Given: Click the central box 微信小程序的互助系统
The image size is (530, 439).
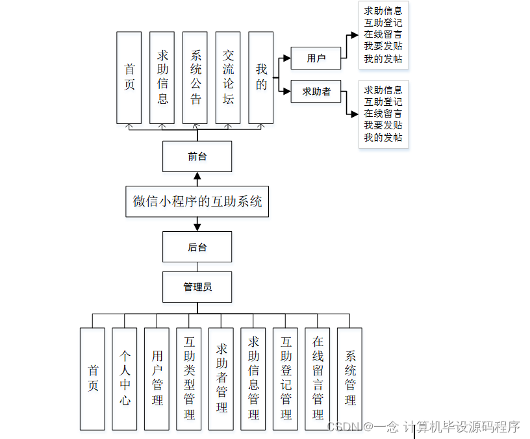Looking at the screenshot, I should tap(197, 201).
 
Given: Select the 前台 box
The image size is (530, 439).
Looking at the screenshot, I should tap(197, 157).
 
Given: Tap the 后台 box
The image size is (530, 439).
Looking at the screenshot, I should tap(197, 247).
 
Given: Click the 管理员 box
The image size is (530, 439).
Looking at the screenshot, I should tap(197, 286).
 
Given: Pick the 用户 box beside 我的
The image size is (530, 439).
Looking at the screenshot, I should tap(316, 58).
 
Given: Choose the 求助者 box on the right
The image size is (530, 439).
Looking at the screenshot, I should tap(316, 92).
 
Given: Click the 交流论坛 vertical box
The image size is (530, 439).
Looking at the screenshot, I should tap(228, 77).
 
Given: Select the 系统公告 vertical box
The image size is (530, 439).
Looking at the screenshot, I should tap(196, 77).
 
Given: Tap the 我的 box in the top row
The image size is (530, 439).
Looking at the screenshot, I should tap(261, 77).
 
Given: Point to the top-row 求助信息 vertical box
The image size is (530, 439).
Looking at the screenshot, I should tap(162, 77).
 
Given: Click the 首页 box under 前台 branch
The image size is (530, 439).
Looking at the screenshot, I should tap(129, 77).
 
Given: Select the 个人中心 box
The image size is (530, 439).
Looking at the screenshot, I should tap(125, 378).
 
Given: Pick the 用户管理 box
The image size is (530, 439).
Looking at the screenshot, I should tap(157, 378).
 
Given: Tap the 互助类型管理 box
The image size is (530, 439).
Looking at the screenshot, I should tap(189, 378).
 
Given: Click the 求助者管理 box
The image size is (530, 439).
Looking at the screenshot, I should tap(221, 378).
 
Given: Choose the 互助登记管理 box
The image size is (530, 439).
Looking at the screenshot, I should tap(286, 378).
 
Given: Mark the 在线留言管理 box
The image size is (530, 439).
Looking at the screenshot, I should tap(318, 378).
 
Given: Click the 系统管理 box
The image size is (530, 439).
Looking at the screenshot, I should tap(350, 378).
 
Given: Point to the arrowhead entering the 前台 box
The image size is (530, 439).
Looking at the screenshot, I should tap(197, 176).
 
